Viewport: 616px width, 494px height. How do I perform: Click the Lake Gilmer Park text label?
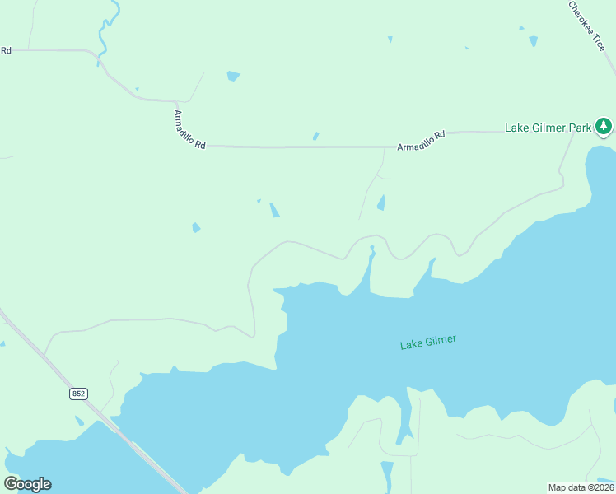coord(548,128)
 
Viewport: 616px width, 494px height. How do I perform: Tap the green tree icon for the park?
coord(604,126)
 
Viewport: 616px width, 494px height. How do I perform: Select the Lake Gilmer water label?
coord(427,342)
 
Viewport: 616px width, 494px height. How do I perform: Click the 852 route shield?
coord(77,394)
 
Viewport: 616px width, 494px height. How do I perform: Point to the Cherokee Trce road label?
coord(587,26)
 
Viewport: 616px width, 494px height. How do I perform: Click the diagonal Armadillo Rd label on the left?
coord(189,129)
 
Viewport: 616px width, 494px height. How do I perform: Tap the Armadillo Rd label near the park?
coord(421,140)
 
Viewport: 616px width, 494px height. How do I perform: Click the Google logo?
coord(27,484)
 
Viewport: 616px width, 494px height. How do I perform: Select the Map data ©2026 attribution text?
coord(581,487)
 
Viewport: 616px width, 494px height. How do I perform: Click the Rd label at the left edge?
coord(6,51)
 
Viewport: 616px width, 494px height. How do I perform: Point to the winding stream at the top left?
coord(105,33)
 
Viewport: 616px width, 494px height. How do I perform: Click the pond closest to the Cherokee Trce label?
coord(533,40)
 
